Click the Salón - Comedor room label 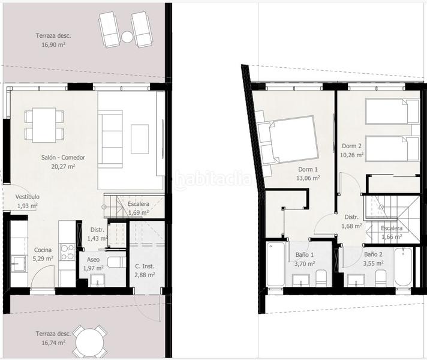coord(63,158)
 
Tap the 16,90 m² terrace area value coord(53,44)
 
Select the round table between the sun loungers coord(127,37)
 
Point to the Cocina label coord(43,250)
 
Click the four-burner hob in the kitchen coord(67,252)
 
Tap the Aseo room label coord(93,260)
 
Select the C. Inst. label coord(145,266)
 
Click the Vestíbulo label coord(27,197)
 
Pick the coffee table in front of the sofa coord(140,139)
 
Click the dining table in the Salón coord(44,125)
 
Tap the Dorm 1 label coord(308,170)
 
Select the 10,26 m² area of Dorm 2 coord(352,155)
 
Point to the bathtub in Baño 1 coord(275,264)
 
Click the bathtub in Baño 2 coord(404,266)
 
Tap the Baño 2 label coord(374,254)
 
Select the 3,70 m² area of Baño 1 coord(305,264)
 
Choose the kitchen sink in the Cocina coord(19,264)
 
